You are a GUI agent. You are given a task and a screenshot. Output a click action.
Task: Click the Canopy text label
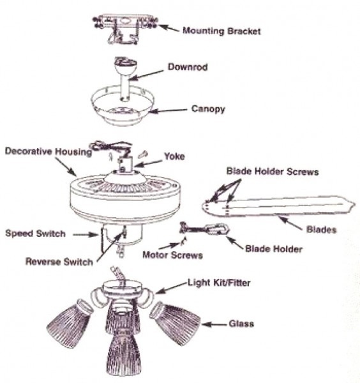pyautogui.click(x=209, y=109)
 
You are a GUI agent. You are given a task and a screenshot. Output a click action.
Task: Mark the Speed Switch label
pyautogui.click(x=36, y=234)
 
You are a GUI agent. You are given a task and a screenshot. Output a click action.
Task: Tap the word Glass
pyautogui.click(x=241, y=324)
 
